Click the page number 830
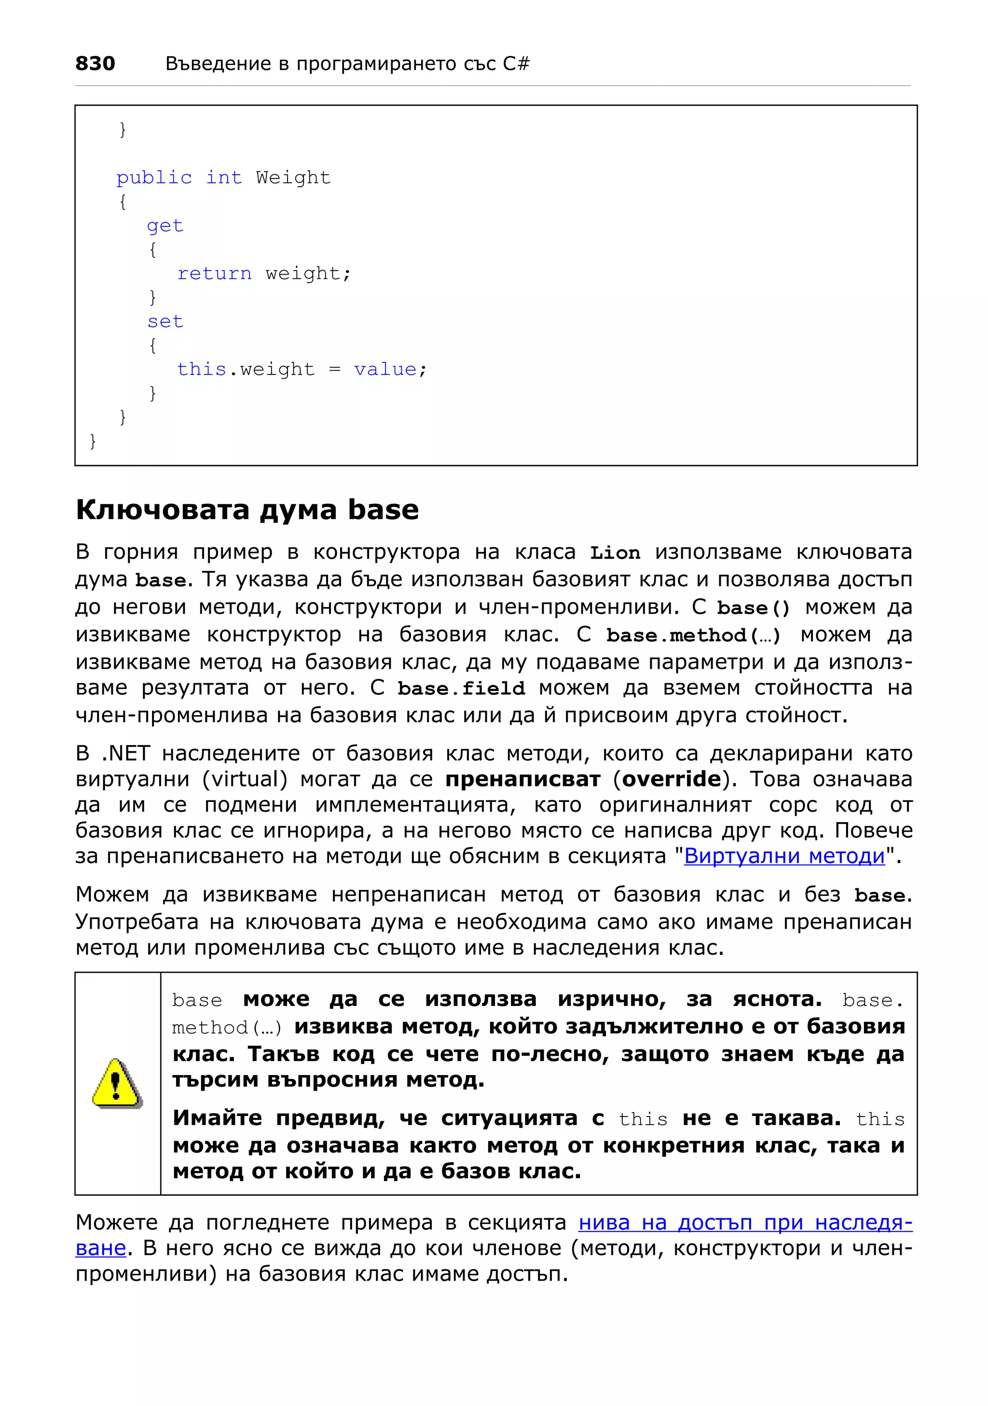(x=95, y=64)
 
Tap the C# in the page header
(x=516, y=64)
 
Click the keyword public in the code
(x=153, y=178)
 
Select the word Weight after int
(x=293, y=178)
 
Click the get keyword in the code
(x=165, y=225)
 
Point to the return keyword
(x=214, y=273)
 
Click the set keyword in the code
(x=165, y=321)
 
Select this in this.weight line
(x=201, y=369)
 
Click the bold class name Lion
(x=615, y=553)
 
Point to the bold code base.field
(x=461, y=689)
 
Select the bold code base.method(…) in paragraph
(x=693, y=635)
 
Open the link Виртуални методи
(x=784, y=855)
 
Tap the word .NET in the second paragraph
(x=125, y=753)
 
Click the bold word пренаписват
(x=522, y=779)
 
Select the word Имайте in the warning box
(x=217, y=1118)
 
